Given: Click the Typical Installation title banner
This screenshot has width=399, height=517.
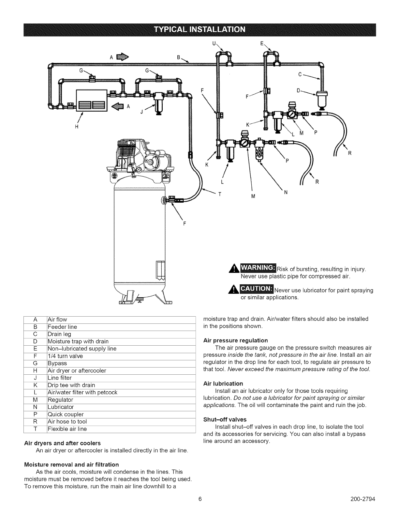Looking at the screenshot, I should [199, 30].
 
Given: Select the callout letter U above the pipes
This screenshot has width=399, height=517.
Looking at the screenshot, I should [214, 43].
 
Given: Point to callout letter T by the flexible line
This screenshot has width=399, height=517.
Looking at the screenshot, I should [220, 194].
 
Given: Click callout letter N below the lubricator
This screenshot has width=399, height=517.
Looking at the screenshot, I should [286, 192].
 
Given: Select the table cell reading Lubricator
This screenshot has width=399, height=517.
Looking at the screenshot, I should [61, 407].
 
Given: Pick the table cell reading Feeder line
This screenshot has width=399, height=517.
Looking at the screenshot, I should [62, 327].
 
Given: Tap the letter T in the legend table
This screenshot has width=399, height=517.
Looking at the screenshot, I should [36, 429].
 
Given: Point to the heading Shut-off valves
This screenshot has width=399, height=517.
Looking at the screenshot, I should [225, 419].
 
